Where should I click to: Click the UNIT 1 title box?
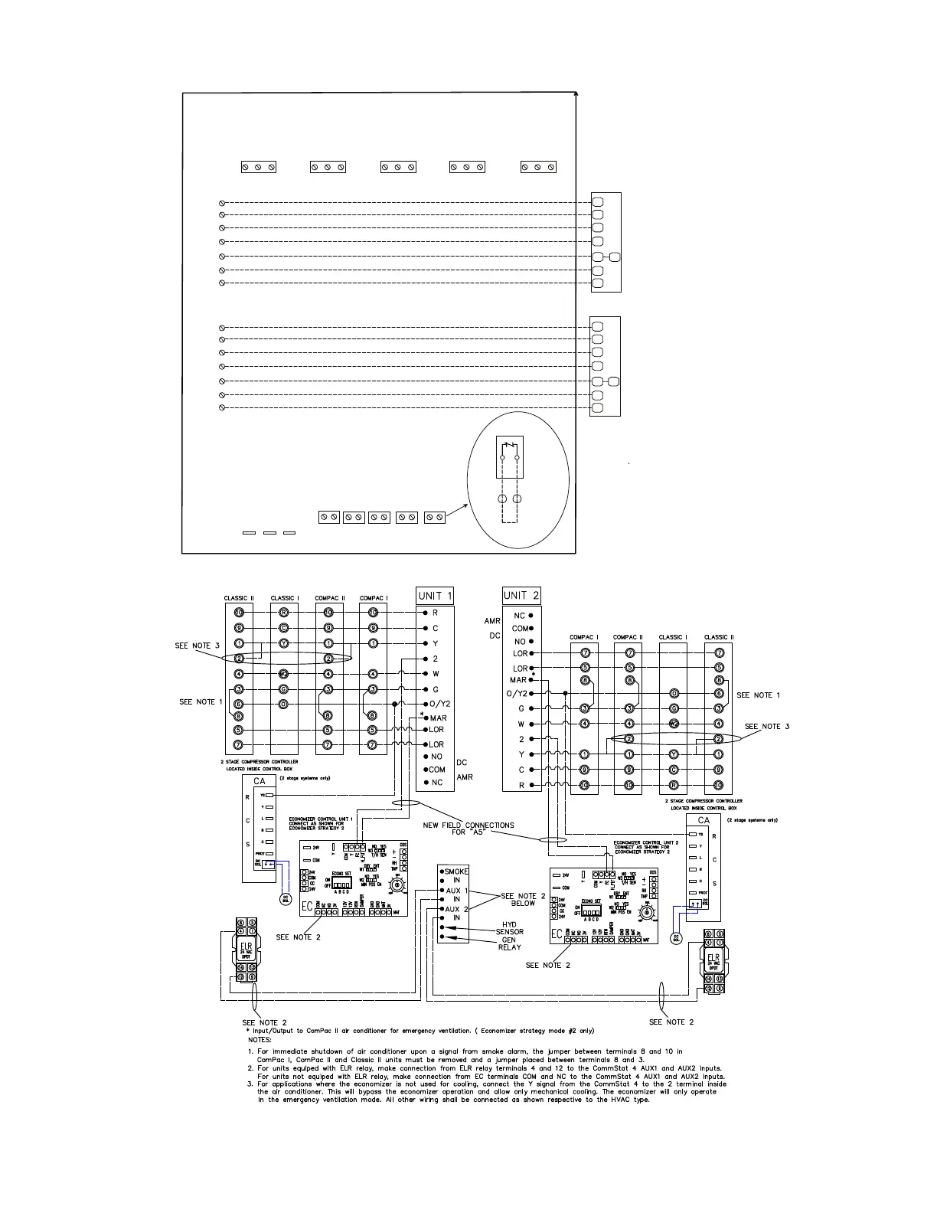tap(435, 596)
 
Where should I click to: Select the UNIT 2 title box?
tap(521, 595)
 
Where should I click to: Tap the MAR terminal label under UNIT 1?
tap(439, 718)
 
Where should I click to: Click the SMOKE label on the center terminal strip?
tap(455, 871)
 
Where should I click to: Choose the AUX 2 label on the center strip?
tap(455, 909)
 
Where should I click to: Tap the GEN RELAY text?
tap(510, 943)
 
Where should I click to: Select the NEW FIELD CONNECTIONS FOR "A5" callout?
tap(468, 829)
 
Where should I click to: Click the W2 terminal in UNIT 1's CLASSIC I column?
tap(283, 674)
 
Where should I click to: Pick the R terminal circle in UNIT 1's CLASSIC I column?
tap(283, 613)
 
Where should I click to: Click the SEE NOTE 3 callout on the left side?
tap(197, 646)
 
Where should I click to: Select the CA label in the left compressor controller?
tap(260, 781)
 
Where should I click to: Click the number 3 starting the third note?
tap(250, 1084)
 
